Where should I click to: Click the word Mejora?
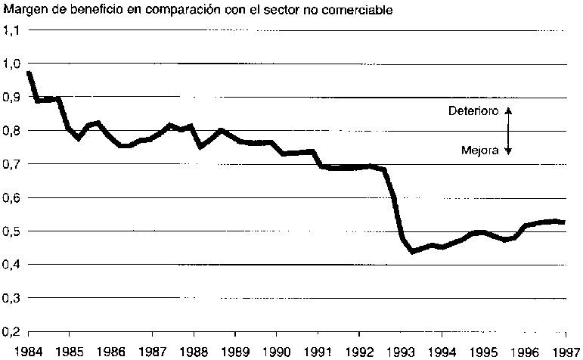(x=479, y=151)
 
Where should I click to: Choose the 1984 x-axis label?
(x=28, y=352)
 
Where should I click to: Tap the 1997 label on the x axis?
(x=564, y=352)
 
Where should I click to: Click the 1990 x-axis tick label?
(x=275, y=352)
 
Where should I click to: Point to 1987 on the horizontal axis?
(x=151, y=352)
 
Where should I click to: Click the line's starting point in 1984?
(x=28, y=73)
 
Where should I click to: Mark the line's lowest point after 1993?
(x=413, y=250)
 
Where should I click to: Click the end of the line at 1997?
(x=564, y=222)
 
